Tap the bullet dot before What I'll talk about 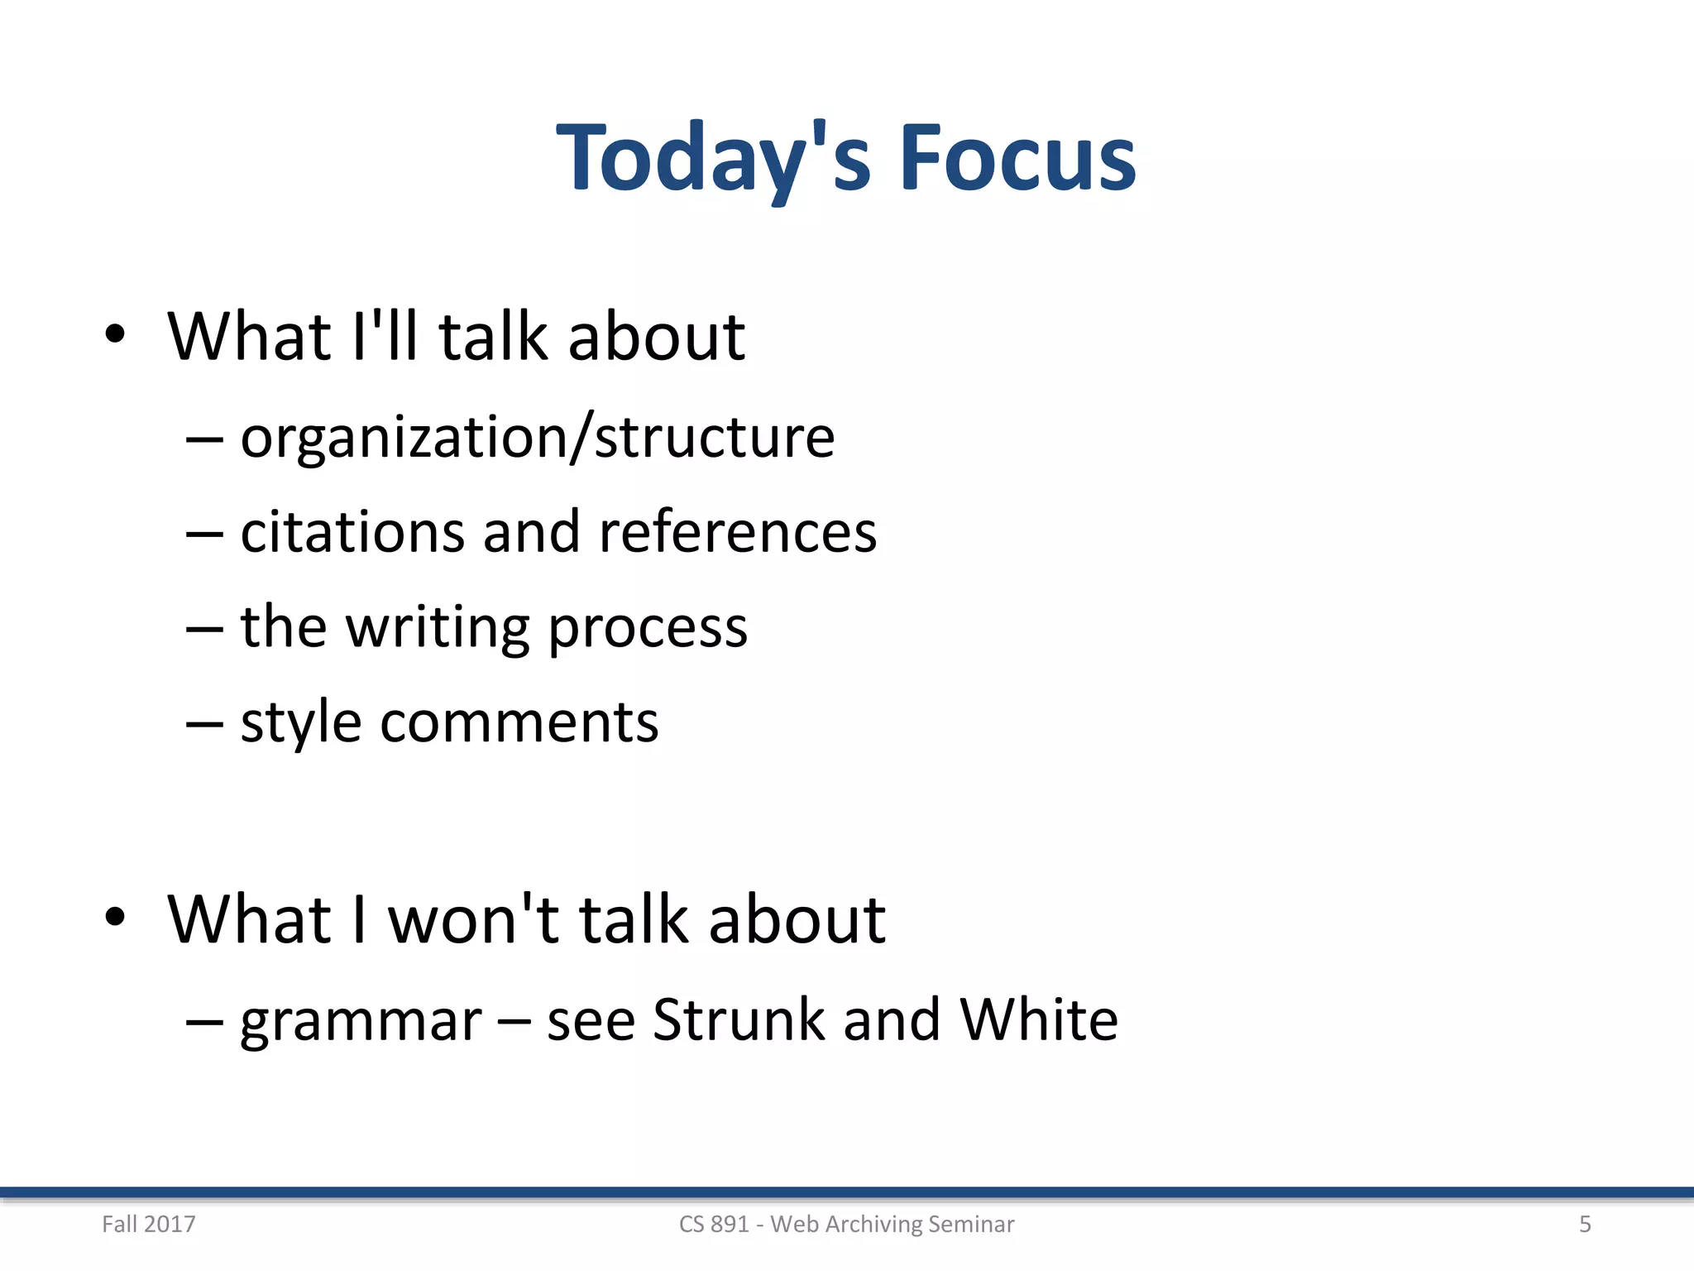pos(115,334)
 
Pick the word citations pos(352,531)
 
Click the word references pos(737,531)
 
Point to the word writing pos(437,627)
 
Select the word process pos(648,627)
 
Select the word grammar pos(361,1021)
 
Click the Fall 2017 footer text pos(149,1224)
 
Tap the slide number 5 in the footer pos(1585,1224)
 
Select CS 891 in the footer pos(713,1224)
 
